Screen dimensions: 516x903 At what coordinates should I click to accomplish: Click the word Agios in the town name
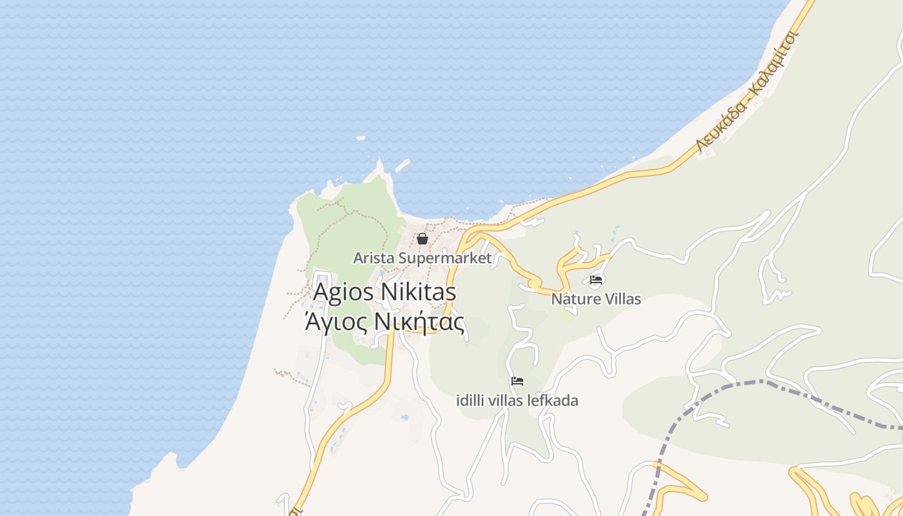(x=344, y=292)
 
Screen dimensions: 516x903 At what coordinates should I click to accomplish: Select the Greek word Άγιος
(x=335, y=321)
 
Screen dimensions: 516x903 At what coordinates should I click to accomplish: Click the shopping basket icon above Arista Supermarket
(x=422, y=239)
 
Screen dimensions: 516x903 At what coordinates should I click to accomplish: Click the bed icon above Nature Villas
(x=596, y=280)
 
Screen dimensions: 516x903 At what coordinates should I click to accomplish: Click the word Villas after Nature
(x=620, y=299)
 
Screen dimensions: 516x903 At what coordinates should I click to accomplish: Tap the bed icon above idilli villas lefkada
(x=517, y=381)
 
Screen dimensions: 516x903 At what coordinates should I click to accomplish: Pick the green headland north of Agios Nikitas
(x=348, y=219)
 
